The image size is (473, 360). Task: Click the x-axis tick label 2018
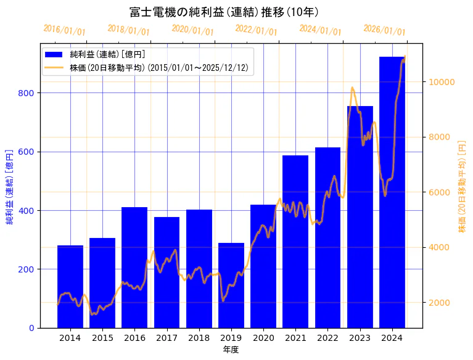199,338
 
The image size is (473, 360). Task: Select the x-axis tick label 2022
327,338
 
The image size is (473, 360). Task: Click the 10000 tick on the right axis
442,82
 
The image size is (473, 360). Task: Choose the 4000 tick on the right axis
440,248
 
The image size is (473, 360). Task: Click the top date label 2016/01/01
65,30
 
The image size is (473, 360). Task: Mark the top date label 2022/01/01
257,30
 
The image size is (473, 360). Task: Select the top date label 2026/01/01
384,30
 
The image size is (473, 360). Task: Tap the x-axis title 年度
231,350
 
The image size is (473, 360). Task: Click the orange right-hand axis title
462,186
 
